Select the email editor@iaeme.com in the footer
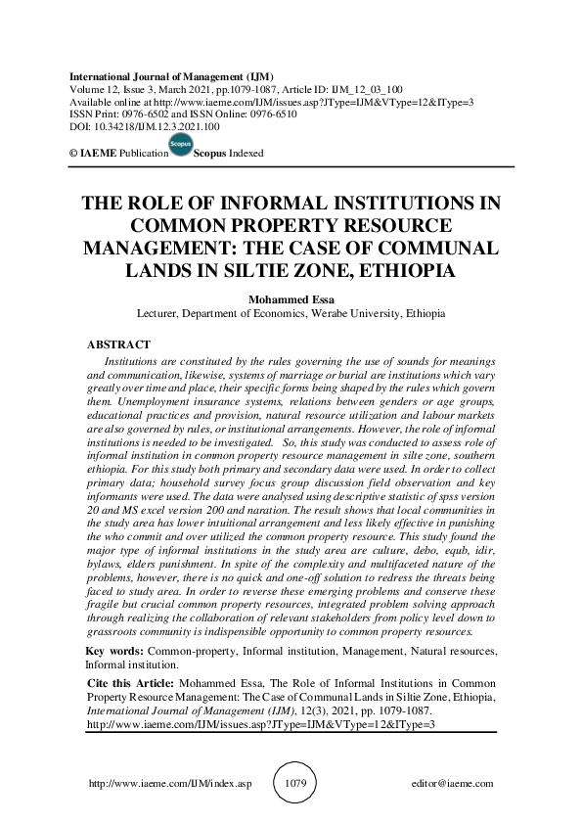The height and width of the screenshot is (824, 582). point(454,784)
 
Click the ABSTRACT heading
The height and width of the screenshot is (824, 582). point(118,344)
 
